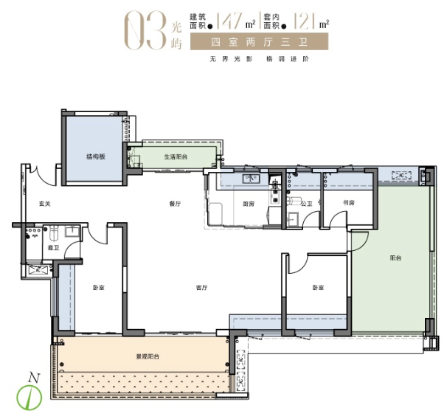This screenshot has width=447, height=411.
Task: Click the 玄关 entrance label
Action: pyautogui.click(x=45, y=204)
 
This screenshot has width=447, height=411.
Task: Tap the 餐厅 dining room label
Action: pyautogui.click(x=175, y=204)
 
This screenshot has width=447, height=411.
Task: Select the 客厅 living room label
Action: pyautogui.click(x=201, y=288)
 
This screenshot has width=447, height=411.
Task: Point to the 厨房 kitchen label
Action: pyautogui.click(x=249, y=204)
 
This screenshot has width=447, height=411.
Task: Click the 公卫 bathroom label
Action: pyautogui.click(x=307, y=204)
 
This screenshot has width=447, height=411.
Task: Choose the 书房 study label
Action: pyautogui.click(x=348, y=203)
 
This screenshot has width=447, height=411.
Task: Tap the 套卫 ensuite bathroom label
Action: pyautogui.click(x=54, y=248)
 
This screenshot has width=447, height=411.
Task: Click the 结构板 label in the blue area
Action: pyautogui.click(x=96, y=156)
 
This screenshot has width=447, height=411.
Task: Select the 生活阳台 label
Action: pyautogui.click(x=176, y=157)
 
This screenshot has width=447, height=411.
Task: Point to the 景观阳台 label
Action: pyautogui.click(x=148, y=356)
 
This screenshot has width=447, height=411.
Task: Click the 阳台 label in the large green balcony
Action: pyautogui.click(x=395, y=258)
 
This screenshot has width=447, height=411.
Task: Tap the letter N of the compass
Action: pyautogui.click(x=34, y=379)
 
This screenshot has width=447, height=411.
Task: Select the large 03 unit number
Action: pyautogui.click(x=145, y=31)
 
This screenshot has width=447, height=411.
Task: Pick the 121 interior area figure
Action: pyautogui.click(x=304, y=21)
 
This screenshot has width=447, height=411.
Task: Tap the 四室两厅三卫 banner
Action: pyautogui.click(x=259, y=41)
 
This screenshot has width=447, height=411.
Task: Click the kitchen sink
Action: pyautogui.click(x=251, y=179)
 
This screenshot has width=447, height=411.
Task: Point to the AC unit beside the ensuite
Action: pyautogui.click(x=38, y=269)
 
